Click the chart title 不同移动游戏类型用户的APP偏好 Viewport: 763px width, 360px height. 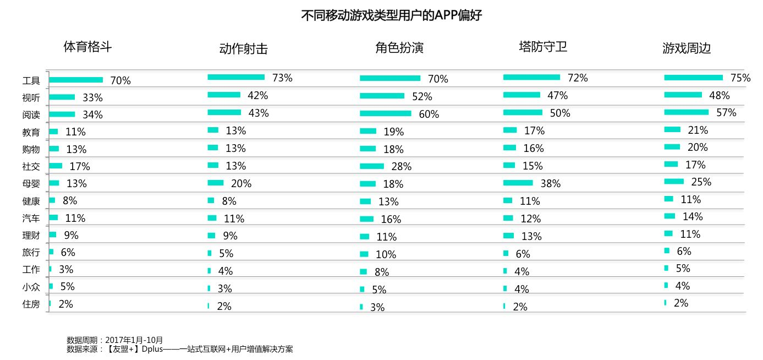[391, 15]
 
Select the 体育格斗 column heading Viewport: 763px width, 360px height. [87, 46]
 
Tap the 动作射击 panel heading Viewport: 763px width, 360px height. [243, 48]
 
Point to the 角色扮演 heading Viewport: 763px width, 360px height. [399, 48]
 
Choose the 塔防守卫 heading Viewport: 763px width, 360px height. [542, 46]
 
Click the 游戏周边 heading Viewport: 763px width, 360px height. [686, 48]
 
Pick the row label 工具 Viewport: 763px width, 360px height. [31, 81]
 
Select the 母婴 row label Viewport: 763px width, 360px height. [31, 184]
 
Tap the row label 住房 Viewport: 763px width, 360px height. [31, 304]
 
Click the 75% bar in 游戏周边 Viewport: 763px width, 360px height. [693, 78]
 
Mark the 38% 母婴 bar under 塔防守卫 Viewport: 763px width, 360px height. [518, 183]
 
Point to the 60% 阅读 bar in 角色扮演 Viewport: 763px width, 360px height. [385, 113]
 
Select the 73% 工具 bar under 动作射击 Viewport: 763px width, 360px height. [236, 77]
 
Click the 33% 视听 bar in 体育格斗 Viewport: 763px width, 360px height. [62, 97]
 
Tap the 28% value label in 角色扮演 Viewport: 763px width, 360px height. [401, 166]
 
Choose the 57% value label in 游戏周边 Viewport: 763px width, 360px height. [726, 112]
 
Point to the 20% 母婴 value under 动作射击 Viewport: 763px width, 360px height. [241, 183]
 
